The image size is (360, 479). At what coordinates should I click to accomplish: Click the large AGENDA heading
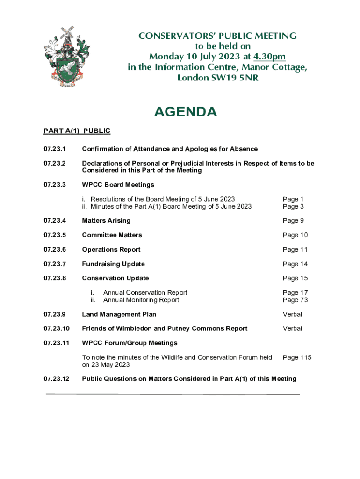click(186, 112)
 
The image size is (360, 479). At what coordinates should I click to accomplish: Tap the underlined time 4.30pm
click(269, 57)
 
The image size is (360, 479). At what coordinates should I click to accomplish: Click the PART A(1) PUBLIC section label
click(77, 131)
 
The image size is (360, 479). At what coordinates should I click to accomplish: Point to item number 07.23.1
click(55, 149)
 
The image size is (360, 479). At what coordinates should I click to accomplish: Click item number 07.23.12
click(57, 379)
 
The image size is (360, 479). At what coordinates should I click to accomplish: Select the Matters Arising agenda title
click(106, 220)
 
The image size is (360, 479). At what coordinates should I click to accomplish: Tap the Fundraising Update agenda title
click(113, 264)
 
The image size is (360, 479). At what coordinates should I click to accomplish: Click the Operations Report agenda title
click(111, 249)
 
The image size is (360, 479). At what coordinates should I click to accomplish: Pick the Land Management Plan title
click(119, 314)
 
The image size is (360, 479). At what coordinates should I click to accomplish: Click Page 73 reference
click(295, 300)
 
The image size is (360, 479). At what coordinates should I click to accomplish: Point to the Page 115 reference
click(297, 357)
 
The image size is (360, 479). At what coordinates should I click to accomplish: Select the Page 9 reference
click(293, 220)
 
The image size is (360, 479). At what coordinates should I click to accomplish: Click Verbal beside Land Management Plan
click(292, 314)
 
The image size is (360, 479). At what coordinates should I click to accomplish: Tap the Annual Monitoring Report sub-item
click(141, 300)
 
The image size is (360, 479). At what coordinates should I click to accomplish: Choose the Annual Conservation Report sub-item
click(145, 293)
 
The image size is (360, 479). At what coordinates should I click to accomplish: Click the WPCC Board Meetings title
click(118, 185)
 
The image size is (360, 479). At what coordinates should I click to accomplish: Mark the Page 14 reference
click(295, 264)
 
